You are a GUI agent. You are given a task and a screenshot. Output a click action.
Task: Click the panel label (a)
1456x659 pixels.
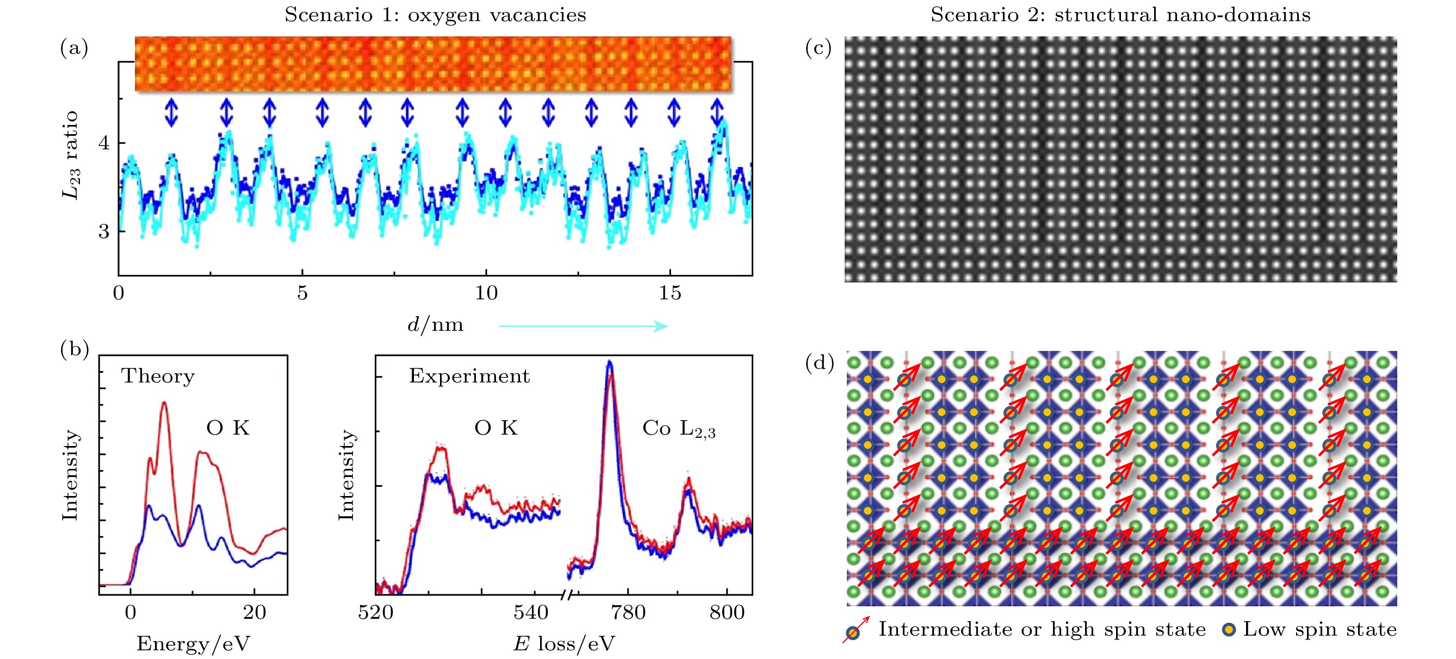click(74, 48)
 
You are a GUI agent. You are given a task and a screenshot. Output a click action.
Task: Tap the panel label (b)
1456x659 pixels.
click(74, 350)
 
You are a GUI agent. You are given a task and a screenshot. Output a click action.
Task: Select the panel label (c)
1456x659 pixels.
click(818, 48)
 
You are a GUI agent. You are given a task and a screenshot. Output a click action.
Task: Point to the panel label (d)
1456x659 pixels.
click(819, 363)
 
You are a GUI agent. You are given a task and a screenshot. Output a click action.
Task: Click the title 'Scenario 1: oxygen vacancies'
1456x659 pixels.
click(435, 15)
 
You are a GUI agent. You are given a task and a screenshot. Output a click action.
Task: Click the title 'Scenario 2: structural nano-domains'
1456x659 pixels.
click(1120, 15)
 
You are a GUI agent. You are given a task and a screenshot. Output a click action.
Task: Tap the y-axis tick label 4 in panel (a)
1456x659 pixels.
click(104, 142)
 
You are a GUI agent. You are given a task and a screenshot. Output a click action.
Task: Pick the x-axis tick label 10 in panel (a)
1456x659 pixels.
click(486, 293)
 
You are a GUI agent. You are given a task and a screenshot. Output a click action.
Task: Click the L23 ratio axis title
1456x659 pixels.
click(70, 155)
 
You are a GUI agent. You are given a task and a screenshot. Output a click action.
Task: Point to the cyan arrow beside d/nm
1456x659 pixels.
click(583, 326)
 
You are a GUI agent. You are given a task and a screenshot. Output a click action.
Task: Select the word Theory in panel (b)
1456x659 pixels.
click(158, 376)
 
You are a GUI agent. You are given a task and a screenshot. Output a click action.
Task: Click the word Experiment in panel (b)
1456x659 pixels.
click(469, 376)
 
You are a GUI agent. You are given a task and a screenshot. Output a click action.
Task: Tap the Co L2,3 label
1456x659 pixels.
click(678, 429)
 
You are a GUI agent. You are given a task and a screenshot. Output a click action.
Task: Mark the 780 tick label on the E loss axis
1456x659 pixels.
click(628, 612)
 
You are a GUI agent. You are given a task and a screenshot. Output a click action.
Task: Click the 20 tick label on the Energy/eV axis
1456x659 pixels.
click(255, 612)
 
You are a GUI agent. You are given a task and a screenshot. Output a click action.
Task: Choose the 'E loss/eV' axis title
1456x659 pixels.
click(563, 644)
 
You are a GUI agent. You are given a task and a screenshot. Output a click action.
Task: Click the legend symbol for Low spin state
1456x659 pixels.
click(1229, 630)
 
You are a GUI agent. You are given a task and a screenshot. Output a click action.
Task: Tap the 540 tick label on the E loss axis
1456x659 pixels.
click(530, 612)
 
